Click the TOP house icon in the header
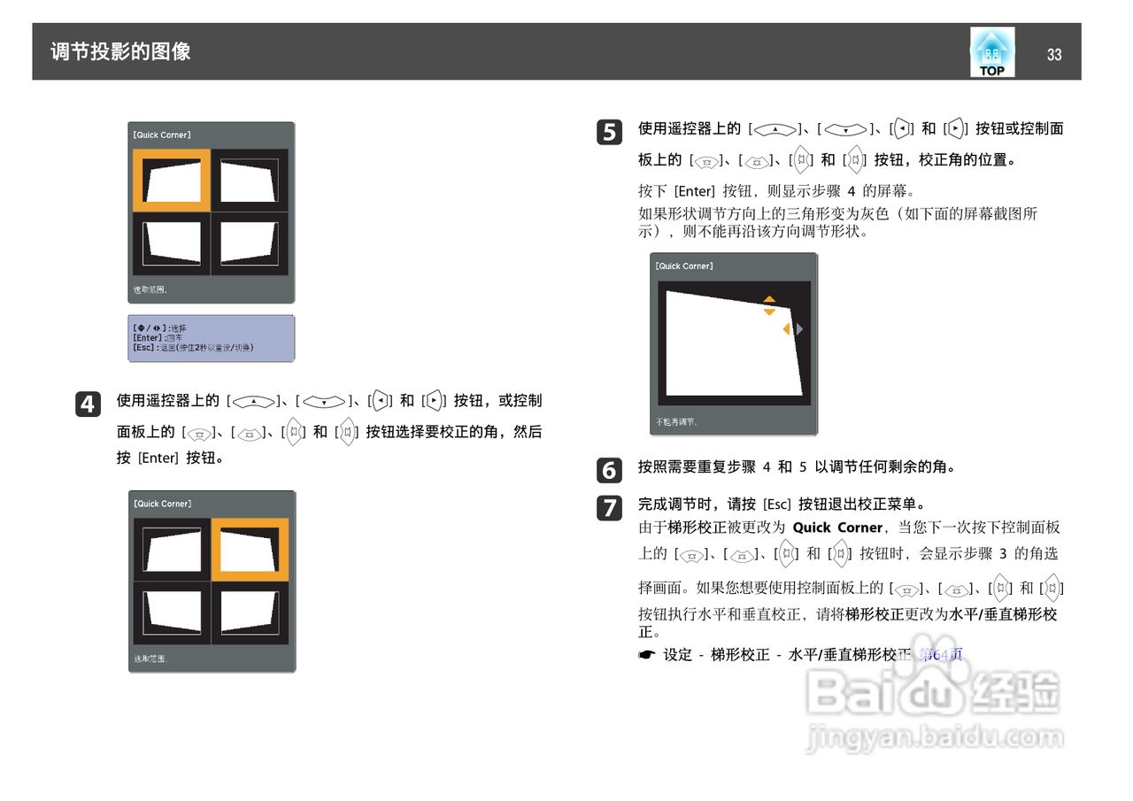coord(991,52)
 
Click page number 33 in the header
coord(1053,55)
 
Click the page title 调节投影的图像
coord(120,51)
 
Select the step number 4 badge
coord(87,404)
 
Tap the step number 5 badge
coord(608,132)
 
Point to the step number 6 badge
coord(608,469)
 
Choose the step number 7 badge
coord(608,507)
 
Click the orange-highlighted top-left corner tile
coord(172,181)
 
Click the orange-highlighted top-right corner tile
coord(250,550)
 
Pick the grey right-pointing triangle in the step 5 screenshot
coord(799,329)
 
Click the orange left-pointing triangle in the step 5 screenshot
coord(786,329)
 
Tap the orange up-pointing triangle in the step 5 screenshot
coord(769,299)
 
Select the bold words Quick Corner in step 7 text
coord(837,528)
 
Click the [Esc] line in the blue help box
coord(193,348)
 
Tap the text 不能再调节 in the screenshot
coord(676,423)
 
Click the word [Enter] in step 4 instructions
coord(159,458)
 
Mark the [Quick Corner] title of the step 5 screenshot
coord(684,266)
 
